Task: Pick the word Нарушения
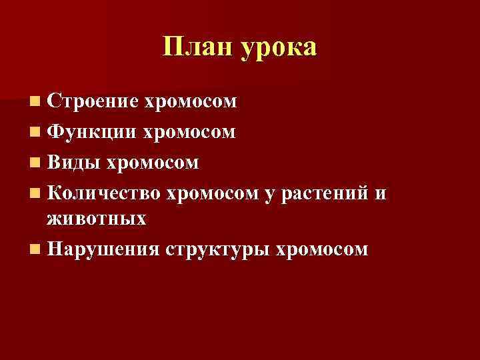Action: click(103, 249)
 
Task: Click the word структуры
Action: click(217, 251)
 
